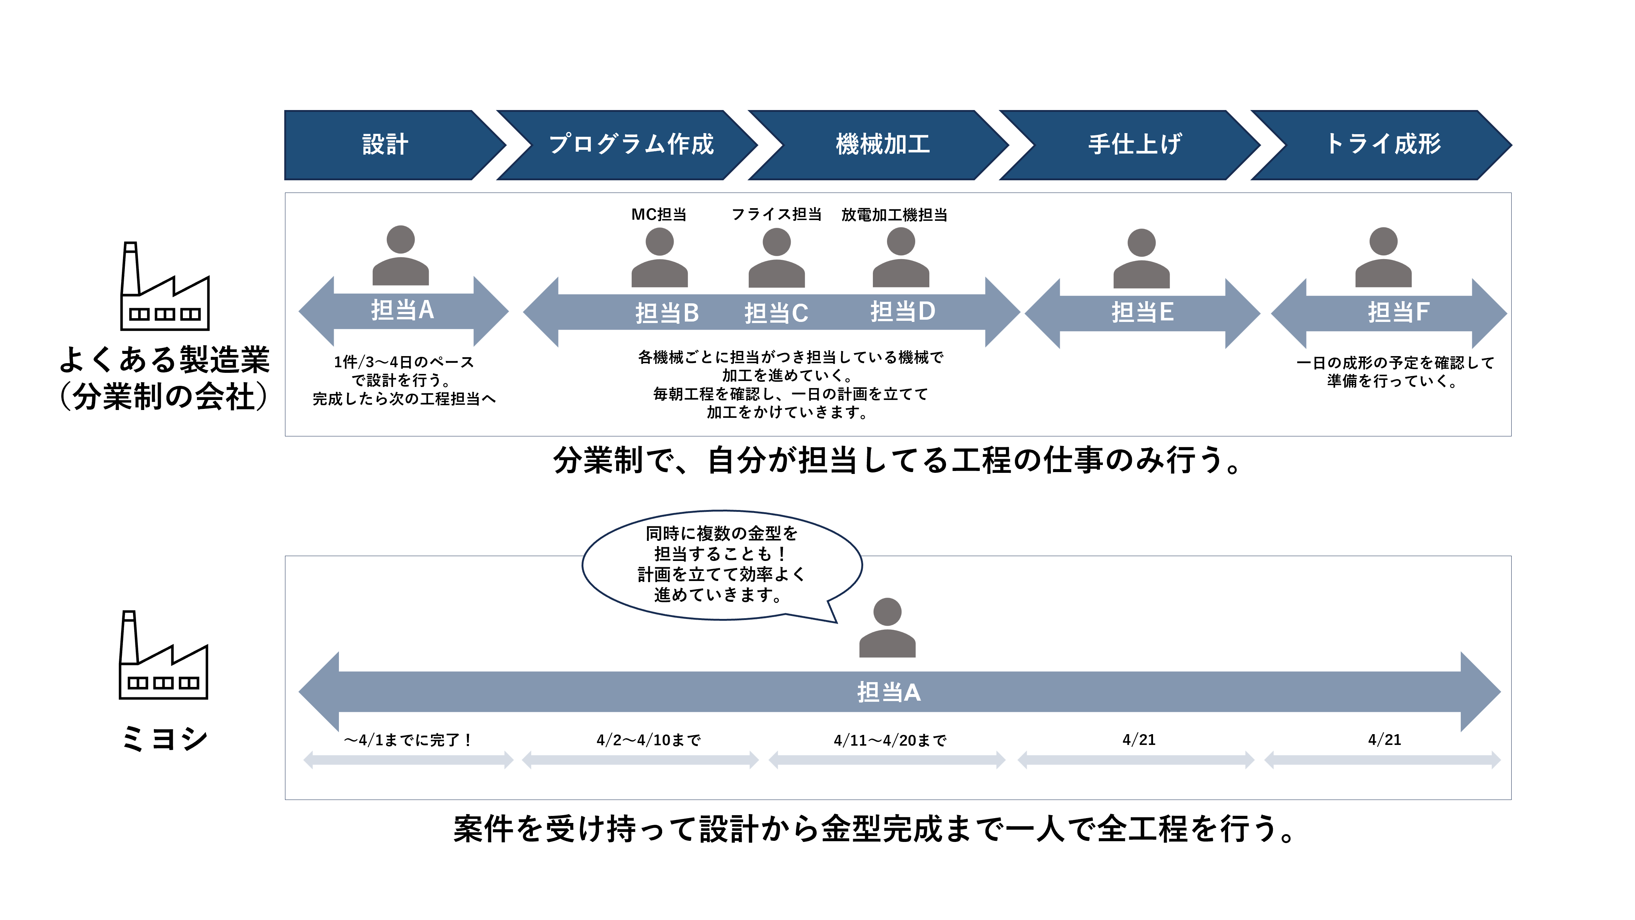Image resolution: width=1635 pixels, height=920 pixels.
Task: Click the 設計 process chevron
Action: (x=385, y=145)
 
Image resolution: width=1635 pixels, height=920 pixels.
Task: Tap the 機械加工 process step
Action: (x=882, y=145)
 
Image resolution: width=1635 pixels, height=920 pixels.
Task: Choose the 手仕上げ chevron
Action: (x=1134, y=145)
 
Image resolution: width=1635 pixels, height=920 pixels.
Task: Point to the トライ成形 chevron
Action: (x=1384, y=145)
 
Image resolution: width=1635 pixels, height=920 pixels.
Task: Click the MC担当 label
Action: (x=659, y=214)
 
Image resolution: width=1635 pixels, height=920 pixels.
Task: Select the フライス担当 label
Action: (x=776, y=214)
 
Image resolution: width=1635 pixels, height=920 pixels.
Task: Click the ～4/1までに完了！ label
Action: (x=408, y=740)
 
